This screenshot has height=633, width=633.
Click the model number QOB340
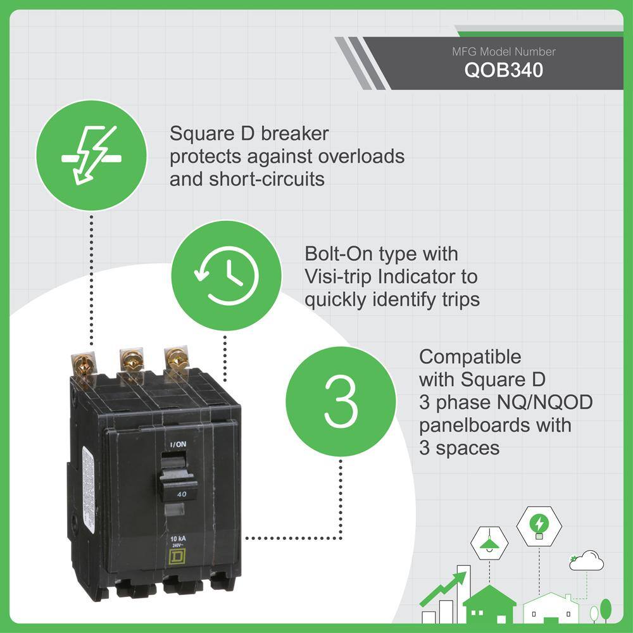coord(503,70)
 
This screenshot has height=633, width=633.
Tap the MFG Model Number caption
coord(503,52)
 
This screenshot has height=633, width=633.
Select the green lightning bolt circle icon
coord(92,156)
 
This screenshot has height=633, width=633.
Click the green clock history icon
coord(227,276)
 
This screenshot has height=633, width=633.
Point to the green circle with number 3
coord(341,401)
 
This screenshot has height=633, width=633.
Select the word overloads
coord(361,156)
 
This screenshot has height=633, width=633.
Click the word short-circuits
coord(266,179)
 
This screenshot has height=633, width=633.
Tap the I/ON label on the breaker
coord(178,444)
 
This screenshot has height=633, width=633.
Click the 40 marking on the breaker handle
coord(182,494)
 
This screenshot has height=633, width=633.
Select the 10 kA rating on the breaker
coord(178,539)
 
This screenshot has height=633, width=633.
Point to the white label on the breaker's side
coord(88,490)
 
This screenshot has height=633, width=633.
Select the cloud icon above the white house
coord(587,560)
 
